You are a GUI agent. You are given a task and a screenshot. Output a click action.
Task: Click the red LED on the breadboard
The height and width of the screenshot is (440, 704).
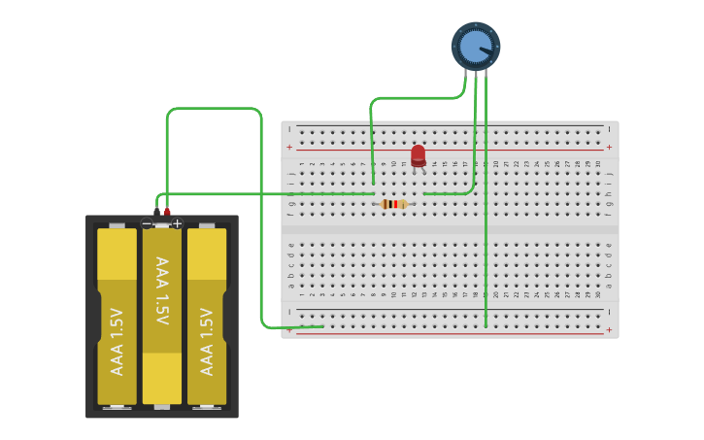pos(419,154)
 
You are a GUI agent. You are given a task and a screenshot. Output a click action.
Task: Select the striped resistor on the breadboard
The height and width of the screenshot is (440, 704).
pos(393,204)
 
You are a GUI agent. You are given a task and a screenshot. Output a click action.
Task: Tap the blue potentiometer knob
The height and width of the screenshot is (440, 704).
pos(475,46)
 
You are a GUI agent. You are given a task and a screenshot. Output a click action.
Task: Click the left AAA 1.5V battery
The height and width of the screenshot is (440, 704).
pos(117,316)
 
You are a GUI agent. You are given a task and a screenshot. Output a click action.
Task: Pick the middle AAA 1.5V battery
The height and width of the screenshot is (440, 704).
pos(162,316)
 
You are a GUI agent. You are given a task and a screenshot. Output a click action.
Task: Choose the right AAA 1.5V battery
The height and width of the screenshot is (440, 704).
pos(207,316)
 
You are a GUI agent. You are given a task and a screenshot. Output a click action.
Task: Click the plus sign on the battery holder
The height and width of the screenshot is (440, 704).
pos(177,223)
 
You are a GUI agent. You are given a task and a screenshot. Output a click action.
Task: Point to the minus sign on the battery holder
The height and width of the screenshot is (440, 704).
pos(147,224)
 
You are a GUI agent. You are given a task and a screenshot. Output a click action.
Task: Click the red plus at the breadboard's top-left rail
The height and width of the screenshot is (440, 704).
pos(288,148)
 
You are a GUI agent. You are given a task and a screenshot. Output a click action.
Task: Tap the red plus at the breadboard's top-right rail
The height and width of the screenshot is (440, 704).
pos(610,148)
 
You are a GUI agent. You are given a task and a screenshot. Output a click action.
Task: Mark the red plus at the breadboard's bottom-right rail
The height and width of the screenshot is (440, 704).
pos(610,330)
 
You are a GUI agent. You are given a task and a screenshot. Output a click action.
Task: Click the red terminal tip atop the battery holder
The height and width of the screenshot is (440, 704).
pos(167,211)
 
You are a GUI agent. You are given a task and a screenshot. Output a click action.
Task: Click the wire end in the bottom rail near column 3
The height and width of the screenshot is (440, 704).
pos(321,326)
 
